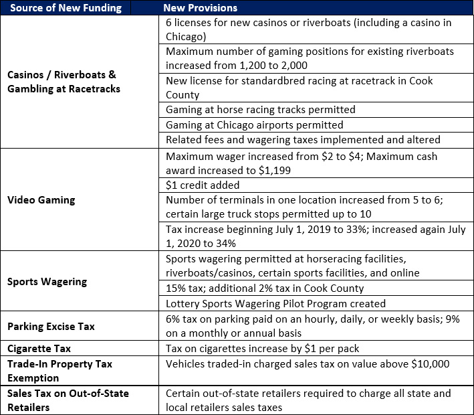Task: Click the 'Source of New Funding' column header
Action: (x=64, y=8)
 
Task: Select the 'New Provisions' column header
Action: (x=201, y=8)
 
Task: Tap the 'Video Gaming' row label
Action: (x=41, y=199)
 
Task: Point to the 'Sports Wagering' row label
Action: (x=47, y=281)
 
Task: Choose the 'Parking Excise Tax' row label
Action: (x=51, y=327)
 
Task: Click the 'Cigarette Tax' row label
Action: (x=39, y=349)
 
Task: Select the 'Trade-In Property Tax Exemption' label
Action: (x=60, y=370)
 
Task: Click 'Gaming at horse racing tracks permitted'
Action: (x=261, y=109)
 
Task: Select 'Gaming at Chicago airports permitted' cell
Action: (x=254, y=124)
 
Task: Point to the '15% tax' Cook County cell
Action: (x=265, y=288)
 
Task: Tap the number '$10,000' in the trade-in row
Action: (x=428, y=363)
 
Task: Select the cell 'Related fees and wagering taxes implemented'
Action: (x=303, y=139)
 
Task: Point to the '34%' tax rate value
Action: (x=227, y=243)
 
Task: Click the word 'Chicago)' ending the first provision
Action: (x=186, y=36)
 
